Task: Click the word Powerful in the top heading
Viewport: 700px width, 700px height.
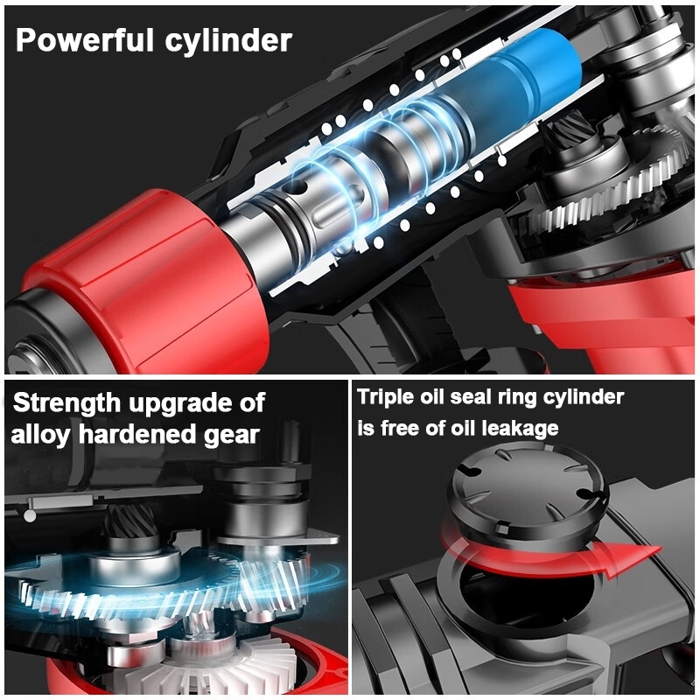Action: [85, 39]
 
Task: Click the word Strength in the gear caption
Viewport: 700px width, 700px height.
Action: [67, 402]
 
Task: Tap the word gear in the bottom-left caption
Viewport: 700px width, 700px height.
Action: [232, 435]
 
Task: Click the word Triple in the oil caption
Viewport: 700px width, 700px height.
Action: [385, 397]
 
